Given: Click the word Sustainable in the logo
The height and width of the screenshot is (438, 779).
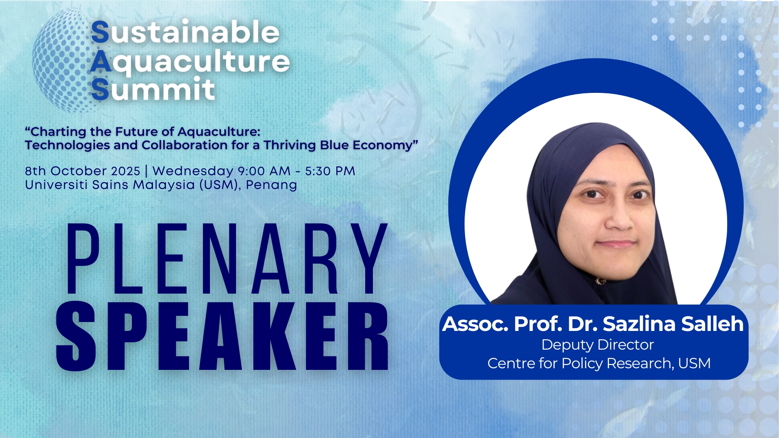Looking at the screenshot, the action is point(185,32).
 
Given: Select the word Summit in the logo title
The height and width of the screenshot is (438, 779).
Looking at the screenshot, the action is point(153,89).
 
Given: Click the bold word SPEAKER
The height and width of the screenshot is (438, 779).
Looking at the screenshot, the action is point(222,336).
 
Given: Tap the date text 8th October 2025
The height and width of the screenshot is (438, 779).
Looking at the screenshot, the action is point(82,171).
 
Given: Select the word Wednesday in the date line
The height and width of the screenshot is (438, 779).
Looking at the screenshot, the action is point(193,171).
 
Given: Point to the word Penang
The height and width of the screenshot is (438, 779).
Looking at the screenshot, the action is point(271,185).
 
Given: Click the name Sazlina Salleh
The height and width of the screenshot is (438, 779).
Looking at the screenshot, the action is point(673,324).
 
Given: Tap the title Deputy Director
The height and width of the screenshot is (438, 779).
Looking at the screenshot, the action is point(598,345).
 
